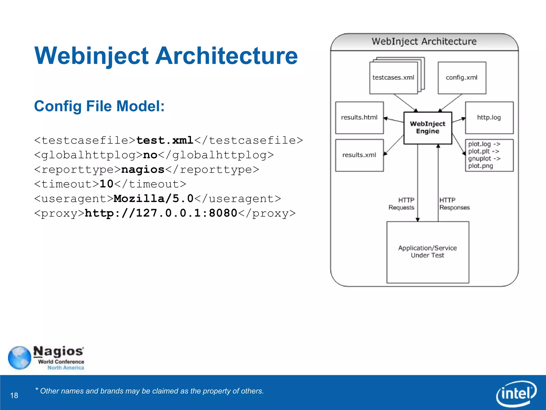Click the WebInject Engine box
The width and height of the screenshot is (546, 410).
click(x=428, y=128)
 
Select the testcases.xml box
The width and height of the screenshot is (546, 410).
click(x=394, y=78)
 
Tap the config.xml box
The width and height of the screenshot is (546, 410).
click(x=462, y=78)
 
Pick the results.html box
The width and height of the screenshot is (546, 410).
click(x=359, y=117)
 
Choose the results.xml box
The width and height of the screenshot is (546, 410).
click(x=359, y=155)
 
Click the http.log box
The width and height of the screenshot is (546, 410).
click(x=489, y=117)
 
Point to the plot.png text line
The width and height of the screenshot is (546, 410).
click(x=481, y=166)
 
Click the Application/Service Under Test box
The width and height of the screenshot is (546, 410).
click(x=428, y=252)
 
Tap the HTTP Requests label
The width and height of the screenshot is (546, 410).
click(x=402, y=204)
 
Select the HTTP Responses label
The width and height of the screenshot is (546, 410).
click(x=454, y=204)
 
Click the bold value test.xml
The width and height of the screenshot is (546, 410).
click(x=165, y=140)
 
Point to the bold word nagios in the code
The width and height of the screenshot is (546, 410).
click(x=143, y=169)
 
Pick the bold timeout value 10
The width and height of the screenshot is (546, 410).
click(x=106, y=184)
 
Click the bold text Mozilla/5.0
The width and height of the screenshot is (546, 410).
click(x=154, y=199)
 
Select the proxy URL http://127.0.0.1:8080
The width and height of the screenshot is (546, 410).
click(x=161, y=213)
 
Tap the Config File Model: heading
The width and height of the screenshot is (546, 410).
click(x=99, y=106)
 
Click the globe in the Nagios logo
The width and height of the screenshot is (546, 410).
click(x=19, y=358)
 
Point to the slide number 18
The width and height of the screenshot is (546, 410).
click(x=14, y=395)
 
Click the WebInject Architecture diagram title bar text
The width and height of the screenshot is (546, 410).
click(x=424, y=41)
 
